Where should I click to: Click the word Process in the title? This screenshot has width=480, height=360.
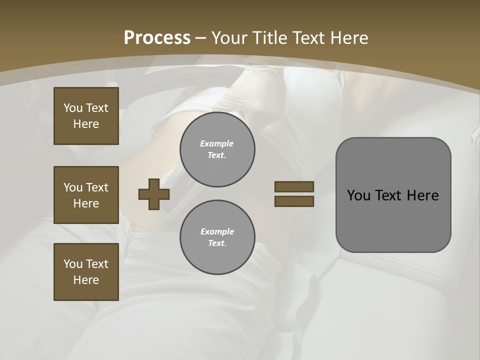point(157,38)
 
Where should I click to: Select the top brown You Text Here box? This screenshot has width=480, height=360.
point(86,116)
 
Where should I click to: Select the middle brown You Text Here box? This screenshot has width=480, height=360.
point(86,195)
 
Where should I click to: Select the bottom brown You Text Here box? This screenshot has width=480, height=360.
point(86,272)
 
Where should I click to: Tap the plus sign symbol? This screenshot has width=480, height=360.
point(154,194)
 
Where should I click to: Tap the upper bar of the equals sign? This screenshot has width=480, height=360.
point(294,186)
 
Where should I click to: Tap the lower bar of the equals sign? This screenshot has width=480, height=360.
point(294,201)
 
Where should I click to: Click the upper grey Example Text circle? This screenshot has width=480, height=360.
point(217,149)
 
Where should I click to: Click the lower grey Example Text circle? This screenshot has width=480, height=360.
point(217,237)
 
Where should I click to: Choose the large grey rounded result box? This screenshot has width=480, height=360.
point(393,195)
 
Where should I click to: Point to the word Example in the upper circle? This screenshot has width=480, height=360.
point(217,143)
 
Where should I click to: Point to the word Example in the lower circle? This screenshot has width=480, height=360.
point(217,231)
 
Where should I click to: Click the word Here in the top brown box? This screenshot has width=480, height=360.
point(86,124)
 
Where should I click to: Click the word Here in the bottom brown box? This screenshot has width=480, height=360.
point(86,280)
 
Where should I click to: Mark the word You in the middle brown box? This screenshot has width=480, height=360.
point(72,187)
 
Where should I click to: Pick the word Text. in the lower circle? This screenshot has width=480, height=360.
point(217,243)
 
